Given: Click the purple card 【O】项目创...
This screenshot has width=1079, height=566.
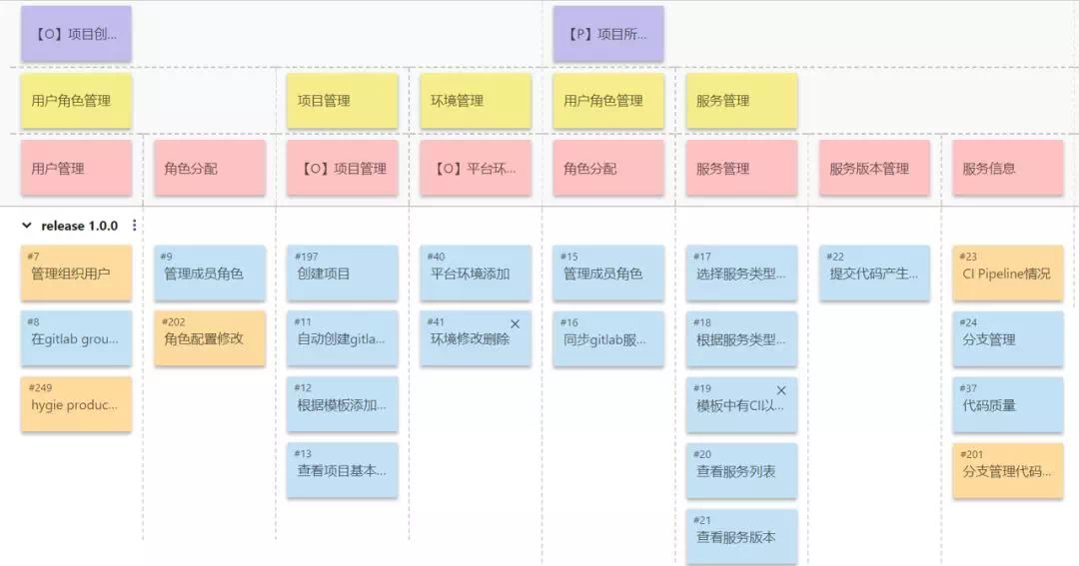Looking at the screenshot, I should [76, 34].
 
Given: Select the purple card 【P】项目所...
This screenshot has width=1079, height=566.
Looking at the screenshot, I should [608, 34].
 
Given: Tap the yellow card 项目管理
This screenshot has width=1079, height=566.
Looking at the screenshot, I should [342, 101].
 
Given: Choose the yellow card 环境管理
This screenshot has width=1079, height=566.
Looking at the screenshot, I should [476, 101].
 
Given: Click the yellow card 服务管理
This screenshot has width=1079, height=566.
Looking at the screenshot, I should [741, 101].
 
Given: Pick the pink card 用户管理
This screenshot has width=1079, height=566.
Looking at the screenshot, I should [76, 168].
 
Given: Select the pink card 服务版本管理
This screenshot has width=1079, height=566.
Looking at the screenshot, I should [874, 168].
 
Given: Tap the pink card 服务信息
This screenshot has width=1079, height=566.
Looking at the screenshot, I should [1007, 168].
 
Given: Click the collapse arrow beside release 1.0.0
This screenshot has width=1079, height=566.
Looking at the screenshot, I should [27, 226].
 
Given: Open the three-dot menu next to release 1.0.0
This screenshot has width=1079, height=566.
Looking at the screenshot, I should [135, 226].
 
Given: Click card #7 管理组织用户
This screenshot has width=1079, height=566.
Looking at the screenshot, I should [76, 273].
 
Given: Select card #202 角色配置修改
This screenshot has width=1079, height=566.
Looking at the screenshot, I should [209, 338].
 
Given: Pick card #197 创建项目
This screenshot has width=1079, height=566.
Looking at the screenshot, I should [342, 273].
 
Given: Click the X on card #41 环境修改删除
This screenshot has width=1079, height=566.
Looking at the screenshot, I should [516, 324].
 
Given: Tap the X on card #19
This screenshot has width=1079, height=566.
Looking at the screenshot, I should [781, 390].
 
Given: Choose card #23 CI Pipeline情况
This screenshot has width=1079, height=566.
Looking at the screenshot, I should [1007, 273].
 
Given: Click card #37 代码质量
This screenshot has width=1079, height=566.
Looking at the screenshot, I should [1007, 404].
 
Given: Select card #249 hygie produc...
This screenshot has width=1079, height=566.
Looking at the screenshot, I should [76, 404].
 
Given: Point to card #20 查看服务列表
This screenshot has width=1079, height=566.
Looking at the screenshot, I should [741, 470].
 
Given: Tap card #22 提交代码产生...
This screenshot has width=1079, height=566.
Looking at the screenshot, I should [874, 273].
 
